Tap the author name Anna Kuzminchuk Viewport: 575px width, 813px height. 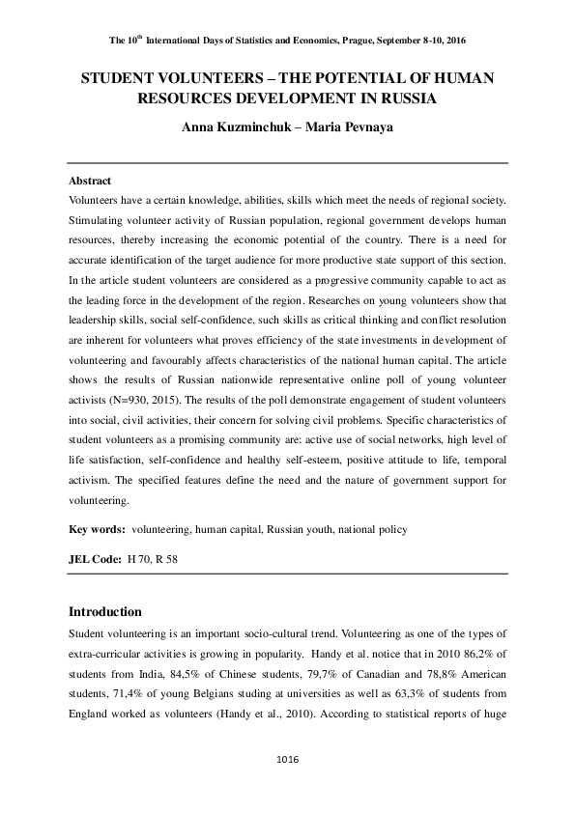228,127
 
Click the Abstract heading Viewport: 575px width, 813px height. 90,181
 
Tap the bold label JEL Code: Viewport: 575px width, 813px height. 94,559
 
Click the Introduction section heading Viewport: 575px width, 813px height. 105,611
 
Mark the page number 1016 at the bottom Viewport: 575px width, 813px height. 287,760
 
